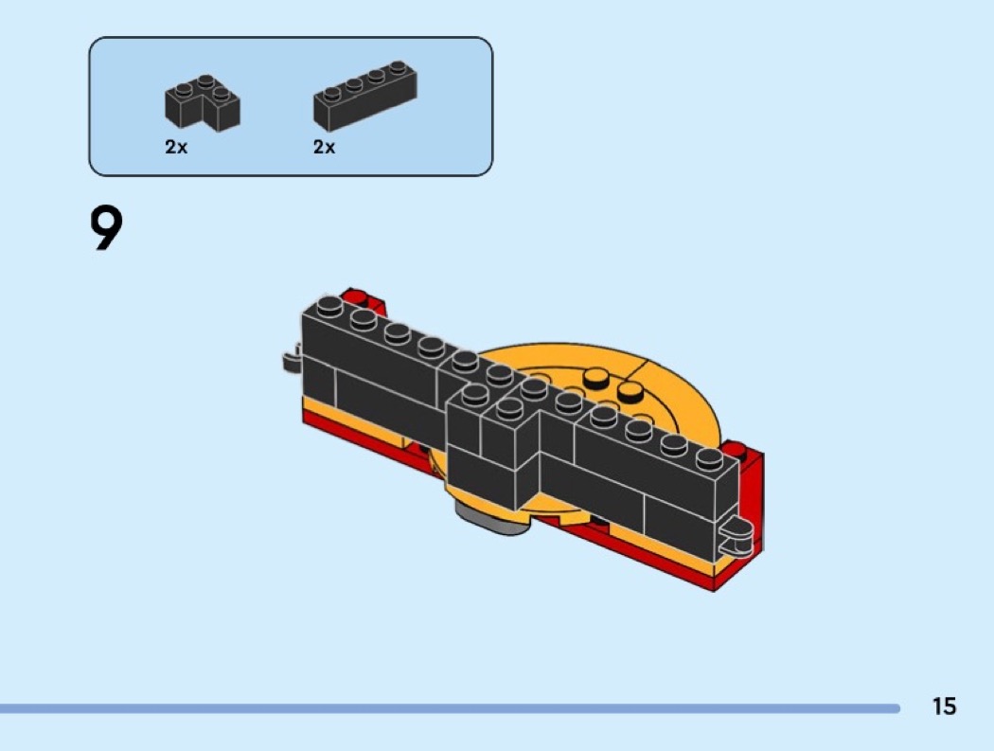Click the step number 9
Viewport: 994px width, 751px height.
click(x=106, y=228)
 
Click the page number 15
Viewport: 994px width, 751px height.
click(x=944, y=706)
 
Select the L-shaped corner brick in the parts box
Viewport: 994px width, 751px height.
click(x=203, y=103)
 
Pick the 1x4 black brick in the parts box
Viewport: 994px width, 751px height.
click(x=365, y=96)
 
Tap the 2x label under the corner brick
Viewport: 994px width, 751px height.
click(x=176, y=147)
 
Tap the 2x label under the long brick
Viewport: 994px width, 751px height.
click(x=324, y=147)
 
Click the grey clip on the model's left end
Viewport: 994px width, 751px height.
click(x=292, y=360)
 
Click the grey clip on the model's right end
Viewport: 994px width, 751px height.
click(x=737, y=531)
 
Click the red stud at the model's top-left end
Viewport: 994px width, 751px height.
click(x=356, y=296)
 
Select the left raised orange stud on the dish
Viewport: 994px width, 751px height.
click(x=595, y=379)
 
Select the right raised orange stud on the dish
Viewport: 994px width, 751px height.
click(x=630, y=391)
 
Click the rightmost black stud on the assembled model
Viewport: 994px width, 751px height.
click(x=709, y=458)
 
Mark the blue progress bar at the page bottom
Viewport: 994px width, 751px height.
click(x=450, y=707)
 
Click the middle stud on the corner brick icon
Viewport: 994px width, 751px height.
click(x=204, y=81)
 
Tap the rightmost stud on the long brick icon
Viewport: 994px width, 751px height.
click(x=398, y=66)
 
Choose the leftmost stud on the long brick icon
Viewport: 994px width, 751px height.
click(x=331, y=95)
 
